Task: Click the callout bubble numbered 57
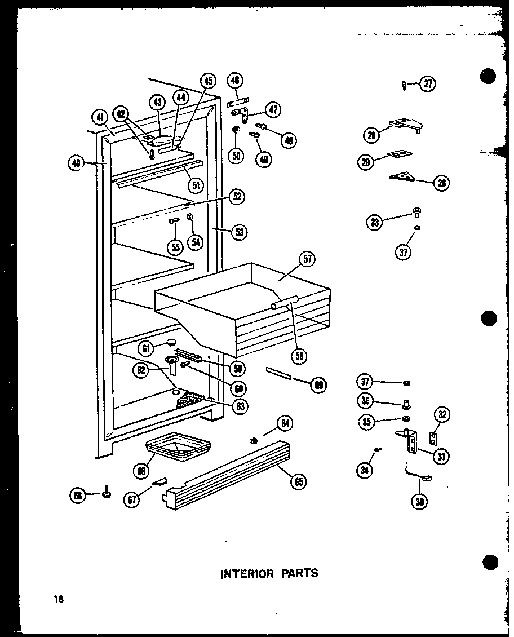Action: (x=307, y=260)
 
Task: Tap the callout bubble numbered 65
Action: (x=298, y=481)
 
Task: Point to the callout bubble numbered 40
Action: (x=76, y=163)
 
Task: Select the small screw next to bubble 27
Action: (x=405, y=85)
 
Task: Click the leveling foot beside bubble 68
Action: (x=105, y=494)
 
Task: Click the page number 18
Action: (x=59, y=599)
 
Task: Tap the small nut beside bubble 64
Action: (x=255, y=440)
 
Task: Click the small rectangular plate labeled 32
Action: (x=433, y=437)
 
